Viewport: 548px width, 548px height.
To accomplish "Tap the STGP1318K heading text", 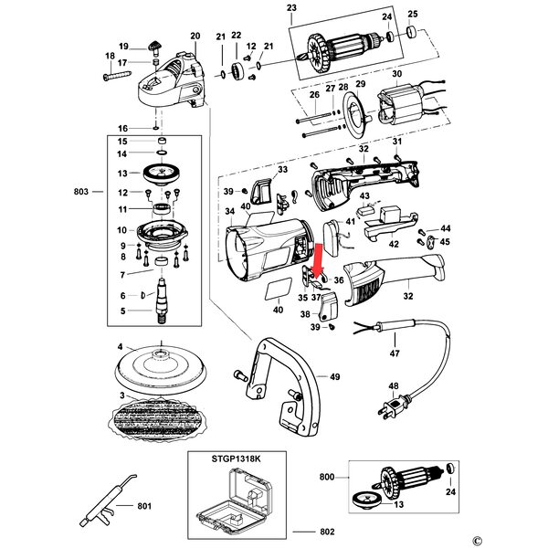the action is pyautogui.click(x=236, y=458).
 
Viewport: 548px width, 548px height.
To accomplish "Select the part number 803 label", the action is pyautogui.click(x=81, y=192).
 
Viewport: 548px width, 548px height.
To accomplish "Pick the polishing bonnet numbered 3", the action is pyautogui.click(x=159, y=418).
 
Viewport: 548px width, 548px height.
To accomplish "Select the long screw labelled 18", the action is pyautogui.click(x=118, y=76).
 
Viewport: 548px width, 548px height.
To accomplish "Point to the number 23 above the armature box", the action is pyautogui.click(x=291, y=7).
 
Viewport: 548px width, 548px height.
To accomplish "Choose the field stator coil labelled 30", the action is pyautogui.click(x=401, y=105).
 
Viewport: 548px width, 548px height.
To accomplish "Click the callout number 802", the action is pyautogui.click(x=328, y=532).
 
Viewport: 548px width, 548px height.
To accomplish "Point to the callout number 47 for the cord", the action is pyautogui.click(x=395, y=353).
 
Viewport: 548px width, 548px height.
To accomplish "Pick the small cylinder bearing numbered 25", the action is pyautogui.click(x=413, y=31).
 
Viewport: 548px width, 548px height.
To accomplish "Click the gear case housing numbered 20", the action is pyautogui.click(x=172, y=80).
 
